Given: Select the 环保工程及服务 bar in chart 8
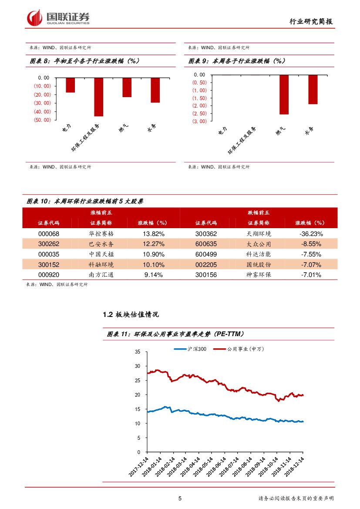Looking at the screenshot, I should coord(98,97).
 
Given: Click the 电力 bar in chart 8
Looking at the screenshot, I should coord(70,85).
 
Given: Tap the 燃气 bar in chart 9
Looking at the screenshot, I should coord(284,94).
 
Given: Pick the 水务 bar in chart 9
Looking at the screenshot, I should coord(313,89).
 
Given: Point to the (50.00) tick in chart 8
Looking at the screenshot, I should coord(42,120).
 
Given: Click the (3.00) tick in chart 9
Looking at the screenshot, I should coord(200,121).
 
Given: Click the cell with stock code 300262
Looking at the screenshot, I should coord(49,244).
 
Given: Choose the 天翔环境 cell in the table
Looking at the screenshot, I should coord(259,233).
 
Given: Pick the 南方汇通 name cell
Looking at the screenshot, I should coord(101,275).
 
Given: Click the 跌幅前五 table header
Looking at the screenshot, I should coord(259,212).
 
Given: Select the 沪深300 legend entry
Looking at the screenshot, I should coord(190,349).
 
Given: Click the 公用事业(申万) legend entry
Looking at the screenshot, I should coord(245,349).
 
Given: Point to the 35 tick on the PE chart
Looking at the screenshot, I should coord(138,351).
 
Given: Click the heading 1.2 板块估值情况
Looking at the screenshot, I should coord(131,314).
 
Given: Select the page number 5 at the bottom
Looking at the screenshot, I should coord(180,499).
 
